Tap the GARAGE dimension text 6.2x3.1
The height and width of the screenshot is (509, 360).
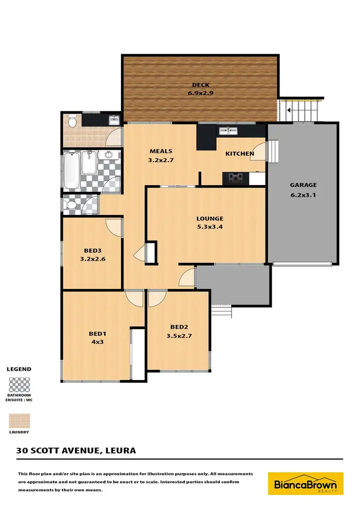pos(303,195)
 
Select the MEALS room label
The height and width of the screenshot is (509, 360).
pos(160,151)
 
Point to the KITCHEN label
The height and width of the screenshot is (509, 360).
pos(240,154)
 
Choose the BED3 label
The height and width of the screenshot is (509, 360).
pos(92,250)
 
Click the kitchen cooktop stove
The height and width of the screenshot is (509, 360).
pos(235,178)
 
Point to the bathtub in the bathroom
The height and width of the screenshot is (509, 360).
pos(71,170)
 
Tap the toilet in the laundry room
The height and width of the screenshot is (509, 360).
pos(72,121)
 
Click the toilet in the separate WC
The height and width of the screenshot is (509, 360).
pos(69,205)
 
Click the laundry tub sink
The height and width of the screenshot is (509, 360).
pos(114,119)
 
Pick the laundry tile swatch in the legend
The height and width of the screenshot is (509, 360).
pos(19,421)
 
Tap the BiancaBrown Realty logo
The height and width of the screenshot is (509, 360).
pos(305,484)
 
